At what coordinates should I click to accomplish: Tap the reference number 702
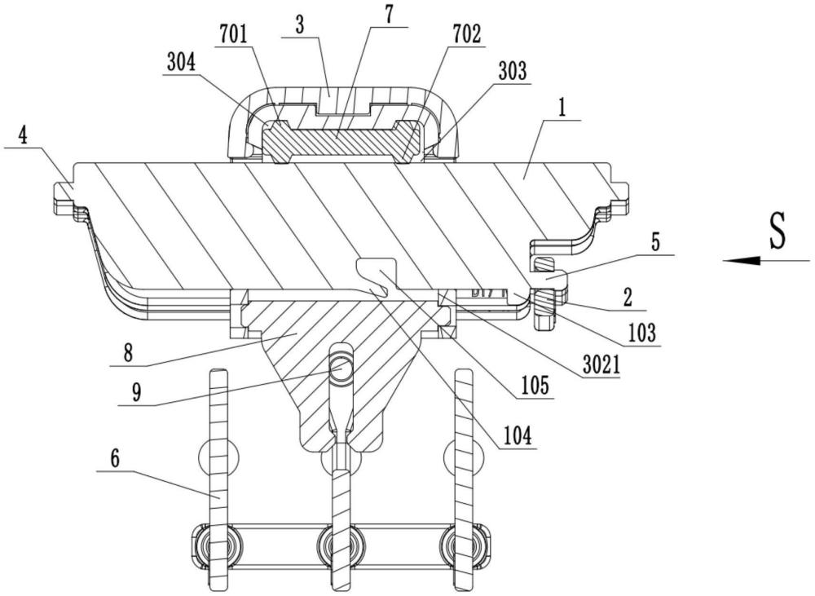tap(468, 33)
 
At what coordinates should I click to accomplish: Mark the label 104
tap(518, 436)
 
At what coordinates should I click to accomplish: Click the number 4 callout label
tap(24, 136)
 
